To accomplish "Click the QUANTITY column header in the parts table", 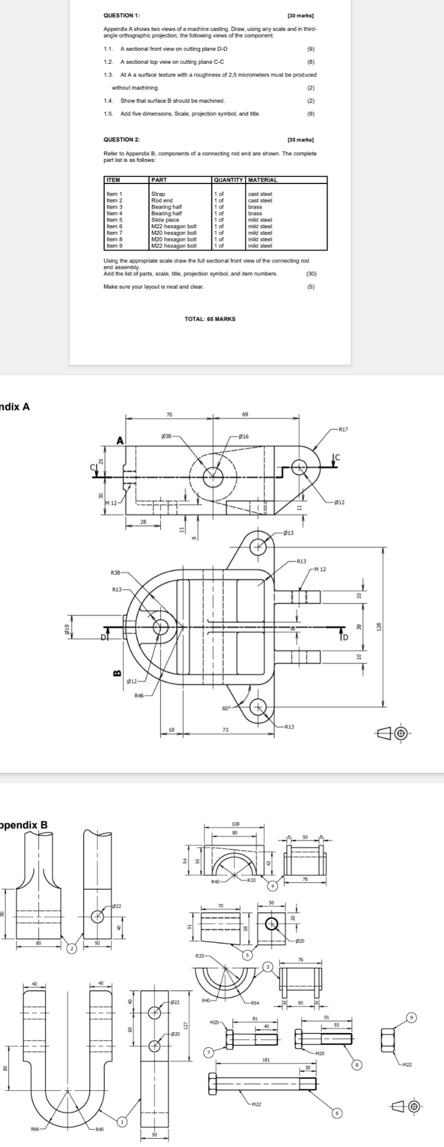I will (228, 180).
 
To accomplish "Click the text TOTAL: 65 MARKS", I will (210, 319).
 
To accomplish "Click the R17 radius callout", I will (342, 429).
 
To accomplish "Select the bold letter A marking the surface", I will (120, 441).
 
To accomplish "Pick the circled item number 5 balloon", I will (246, 955).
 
